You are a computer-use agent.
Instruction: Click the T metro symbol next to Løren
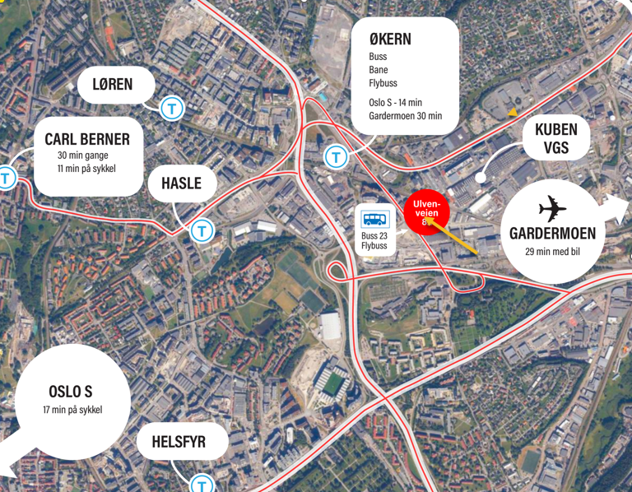(x=171, y=108)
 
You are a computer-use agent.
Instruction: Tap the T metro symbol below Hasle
(x=202, y=231)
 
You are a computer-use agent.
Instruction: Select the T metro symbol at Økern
(x=335, y=156)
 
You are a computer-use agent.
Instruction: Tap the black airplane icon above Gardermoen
(x=552, y=209)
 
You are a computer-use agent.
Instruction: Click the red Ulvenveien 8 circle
(x=426, y=212)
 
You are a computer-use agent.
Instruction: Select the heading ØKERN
(x=390, y=39)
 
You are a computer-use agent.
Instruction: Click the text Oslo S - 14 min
(x=395, y=102)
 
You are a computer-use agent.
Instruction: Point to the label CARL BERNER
(x=87, y=139)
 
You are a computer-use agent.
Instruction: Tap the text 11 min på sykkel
(x=87, y=169)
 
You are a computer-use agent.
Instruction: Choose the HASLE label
(x=181, y=183)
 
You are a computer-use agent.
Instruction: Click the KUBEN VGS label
(x=556, y=138)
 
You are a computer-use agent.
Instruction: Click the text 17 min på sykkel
(x=72, y=410)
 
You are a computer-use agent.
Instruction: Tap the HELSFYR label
(x=179, y=443)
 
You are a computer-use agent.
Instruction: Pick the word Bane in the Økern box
(x=379, y=70)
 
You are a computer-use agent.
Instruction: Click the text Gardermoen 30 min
(x=405, y=116)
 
